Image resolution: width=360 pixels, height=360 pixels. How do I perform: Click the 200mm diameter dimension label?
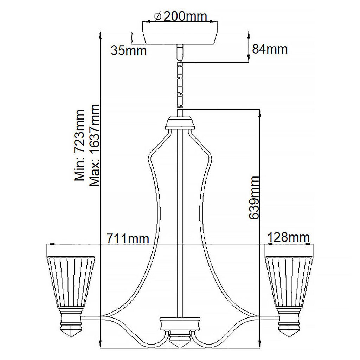(181, 17)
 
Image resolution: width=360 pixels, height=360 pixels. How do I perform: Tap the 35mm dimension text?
(129, 51)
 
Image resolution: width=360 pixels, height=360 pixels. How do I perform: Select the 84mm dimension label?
(270, 49)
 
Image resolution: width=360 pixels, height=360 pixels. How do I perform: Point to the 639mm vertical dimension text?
(254, 198)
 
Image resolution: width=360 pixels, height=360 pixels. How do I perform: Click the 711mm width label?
(128, 239)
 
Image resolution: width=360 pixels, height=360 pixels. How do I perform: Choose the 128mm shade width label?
(289, 237)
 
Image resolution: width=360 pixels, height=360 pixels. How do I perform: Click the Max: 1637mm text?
(95, 145)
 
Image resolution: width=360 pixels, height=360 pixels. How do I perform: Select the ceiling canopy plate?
(180, 37)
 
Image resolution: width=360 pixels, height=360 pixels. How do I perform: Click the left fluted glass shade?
(71, 282)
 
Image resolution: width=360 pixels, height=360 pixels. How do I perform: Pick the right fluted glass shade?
(289, 282)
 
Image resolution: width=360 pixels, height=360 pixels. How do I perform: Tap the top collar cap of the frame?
(180, 123)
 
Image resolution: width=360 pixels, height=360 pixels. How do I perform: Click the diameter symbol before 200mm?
(158, 17)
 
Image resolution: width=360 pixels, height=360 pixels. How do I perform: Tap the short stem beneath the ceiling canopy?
(180, 53)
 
